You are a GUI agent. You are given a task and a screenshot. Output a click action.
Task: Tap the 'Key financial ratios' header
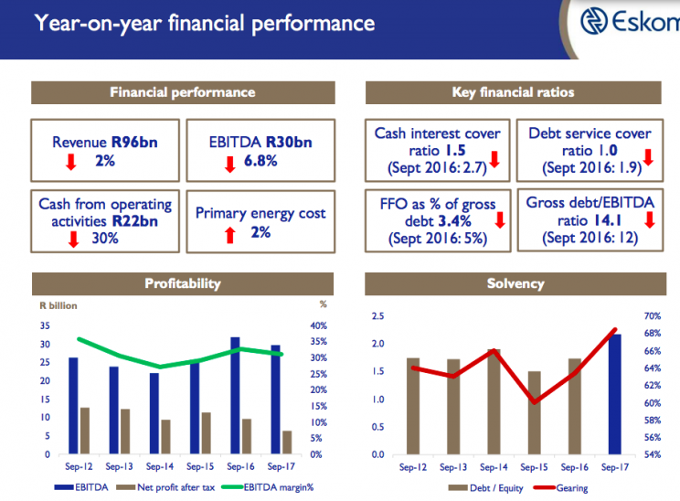click(513, 92)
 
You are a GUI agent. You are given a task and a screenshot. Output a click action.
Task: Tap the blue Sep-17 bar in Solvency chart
click(615, 394)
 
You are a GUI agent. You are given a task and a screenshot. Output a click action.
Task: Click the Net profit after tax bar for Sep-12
click(85, 431)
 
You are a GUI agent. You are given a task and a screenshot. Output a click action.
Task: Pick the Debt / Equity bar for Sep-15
click(535, 412)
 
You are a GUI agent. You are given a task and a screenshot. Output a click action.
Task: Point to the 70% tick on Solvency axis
click(652, 315)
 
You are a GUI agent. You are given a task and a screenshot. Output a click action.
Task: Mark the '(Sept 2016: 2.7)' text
click(436, 169)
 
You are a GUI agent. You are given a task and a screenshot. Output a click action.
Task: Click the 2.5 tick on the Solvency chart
click(376, 315)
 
